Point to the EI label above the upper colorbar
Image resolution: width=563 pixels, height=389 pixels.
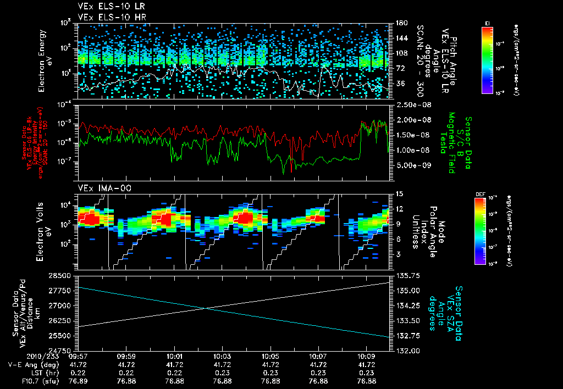[x=487, y=23]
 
